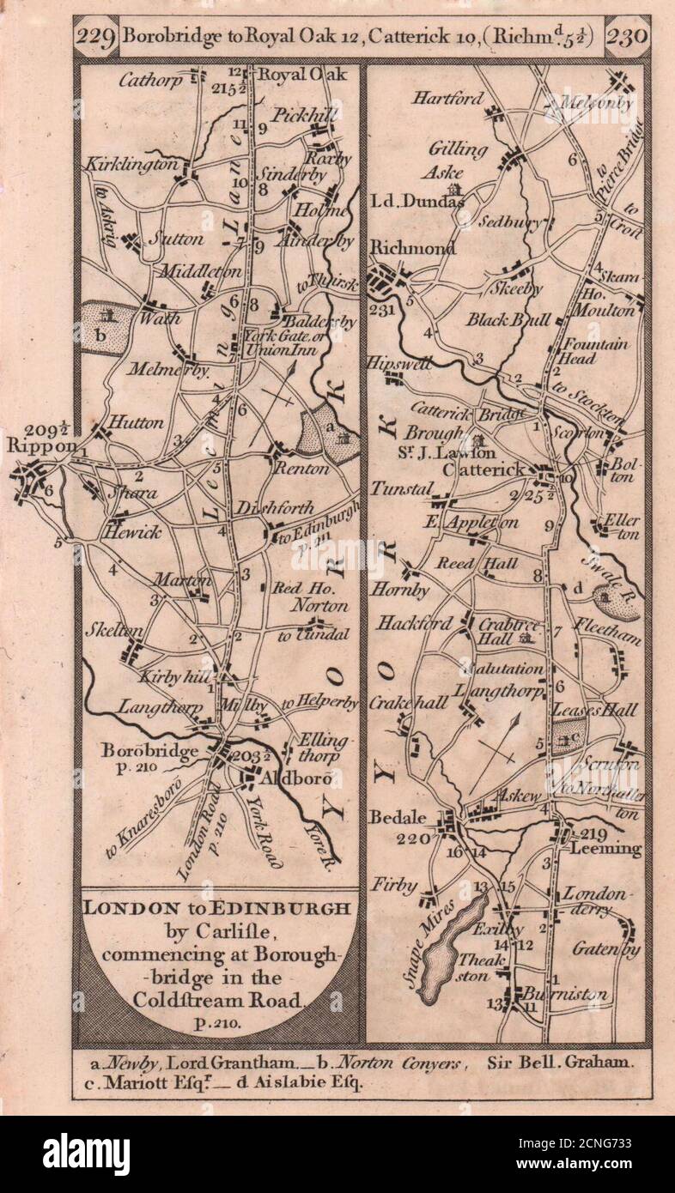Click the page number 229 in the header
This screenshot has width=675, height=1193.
96,38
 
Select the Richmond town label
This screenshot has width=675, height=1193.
411,249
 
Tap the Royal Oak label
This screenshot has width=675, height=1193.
302,75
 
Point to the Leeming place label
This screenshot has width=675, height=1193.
611,848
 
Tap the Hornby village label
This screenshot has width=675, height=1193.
398,590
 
